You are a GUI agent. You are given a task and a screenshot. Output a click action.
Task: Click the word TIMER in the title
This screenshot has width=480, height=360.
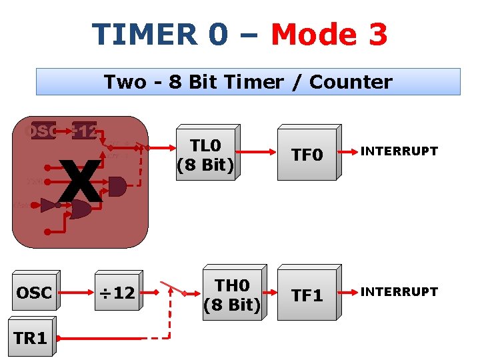coord(143,35)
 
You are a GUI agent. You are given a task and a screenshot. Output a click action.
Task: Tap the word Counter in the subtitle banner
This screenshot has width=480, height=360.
coord(351,82)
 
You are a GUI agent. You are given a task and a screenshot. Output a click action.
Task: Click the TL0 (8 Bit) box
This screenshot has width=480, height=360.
coord(205,155)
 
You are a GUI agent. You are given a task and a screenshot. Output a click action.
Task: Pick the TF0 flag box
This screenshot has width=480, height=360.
coord(307,155)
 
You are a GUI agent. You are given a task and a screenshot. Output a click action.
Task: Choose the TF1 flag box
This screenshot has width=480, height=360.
coord(307,295)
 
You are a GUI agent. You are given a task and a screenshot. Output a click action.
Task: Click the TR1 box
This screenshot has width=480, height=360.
coord(30,339)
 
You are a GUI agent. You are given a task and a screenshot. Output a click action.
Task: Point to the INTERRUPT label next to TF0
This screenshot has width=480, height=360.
coord(399,151)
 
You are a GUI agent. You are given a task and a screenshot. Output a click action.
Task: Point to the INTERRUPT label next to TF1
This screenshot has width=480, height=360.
coord(399,292)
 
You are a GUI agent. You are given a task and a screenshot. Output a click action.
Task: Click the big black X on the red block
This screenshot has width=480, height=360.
coord(80,181)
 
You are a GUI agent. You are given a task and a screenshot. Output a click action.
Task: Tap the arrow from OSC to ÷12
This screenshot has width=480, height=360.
coord(77,291)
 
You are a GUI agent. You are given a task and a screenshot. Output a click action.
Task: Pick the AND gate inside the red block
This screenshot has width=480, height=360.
coord(117,186)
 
